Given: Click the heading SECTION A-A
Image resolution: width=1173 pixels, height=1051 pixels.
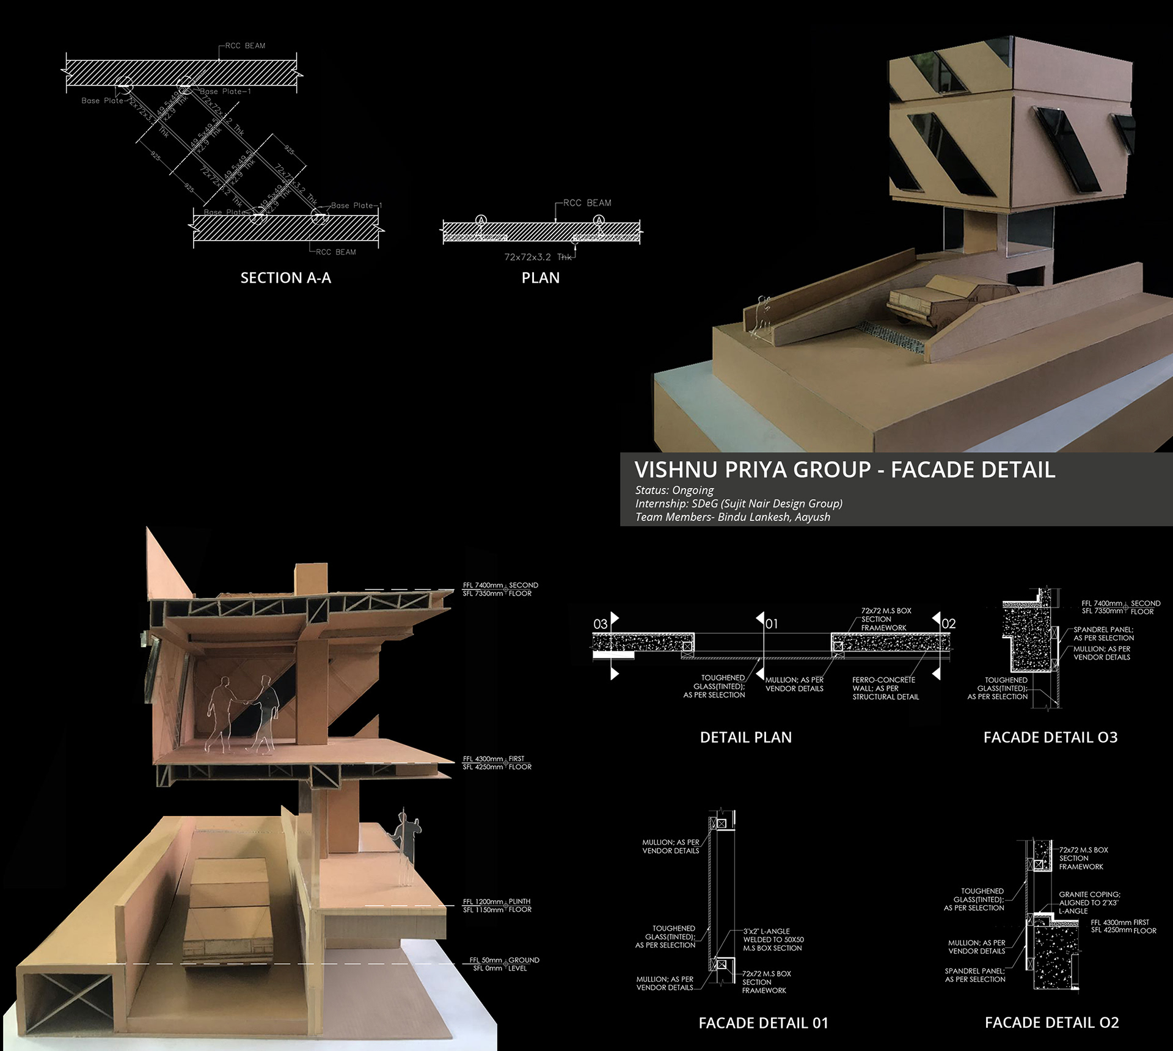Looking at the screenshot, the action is (285, 278).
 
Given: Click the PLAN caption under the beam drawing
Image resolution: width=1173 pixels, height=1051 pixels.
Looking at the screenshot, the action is (540, 278).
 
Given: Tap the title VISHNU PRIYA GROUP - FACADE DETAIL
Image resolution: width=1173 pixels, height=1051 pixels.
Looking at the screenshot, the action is (844, 470).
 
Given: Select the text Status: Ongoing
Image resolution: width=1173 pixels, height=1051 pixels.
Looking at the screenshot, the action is (674, 490).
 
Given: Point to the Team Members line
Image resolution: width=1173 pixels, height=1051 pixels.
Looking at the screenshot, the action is (732, 517).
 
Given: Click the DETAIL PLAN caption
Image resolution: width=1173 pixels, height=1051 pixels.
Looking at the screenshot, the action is (745, 737).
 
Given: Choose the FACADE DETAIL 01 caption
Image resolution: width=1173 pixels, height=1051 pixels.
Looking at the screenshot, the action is (763, 1022).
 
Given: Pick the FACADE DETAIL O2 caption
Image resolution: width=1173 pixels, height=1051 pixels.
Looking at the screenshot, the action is (1051, 1022).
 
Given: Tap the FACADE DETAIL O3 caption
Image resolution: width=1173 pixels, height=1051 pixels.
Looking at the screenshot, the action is (1050, 737).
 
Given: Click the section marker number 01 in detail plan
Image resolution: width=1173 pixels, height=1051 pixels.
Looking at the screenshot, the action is (772, 624).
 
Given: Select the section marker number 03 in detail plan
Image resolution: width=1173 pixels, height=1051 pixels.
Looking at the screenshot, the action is (601, 624).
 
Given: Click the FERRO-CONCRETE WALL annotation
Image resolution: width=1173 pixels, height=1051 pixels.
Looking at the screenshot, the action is (885, 688).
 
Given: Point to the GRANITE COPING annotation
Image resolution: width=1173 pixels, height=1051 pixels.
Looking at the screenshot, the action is (1089, 902).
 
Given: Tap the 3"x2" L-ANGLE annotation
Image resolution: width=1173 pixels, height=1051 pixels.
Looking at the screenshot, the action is (773, 939).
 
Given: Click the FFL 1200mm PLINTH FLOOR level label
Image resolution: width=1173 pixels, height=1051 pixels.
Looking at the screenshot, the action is (497, 905).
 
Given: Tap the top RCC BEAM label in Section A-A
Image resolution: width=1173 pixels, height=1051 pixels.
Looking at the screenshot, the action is (245, 46).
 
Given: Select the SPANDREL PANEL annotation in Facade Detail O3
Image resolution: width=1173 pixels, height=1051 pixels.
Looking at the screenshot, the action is (1103, 633).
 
